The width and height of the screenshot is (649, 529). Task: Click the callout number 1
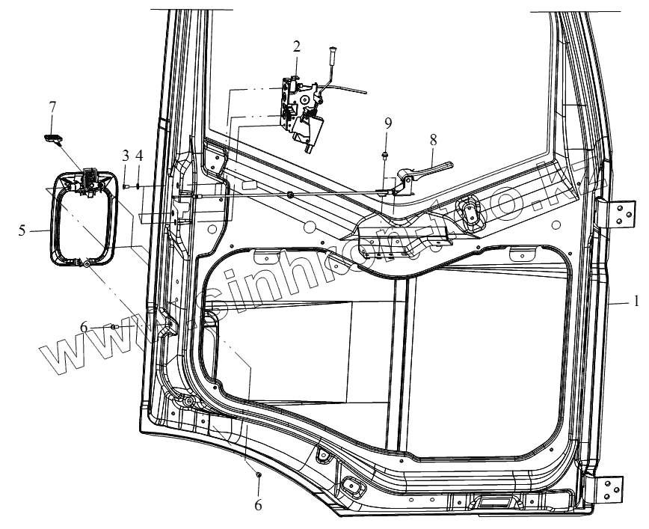click(x=635, y=302)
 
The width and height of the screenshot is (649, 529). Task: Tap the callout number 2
click(x=297, y=46)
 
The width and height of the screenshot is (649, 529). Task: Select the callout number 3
click(x=126, y=156)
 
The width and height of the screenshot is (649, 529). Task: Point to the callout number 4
click(x=138, y=156)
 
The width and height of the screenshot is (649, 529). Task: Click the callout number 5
click(x=22, y=230)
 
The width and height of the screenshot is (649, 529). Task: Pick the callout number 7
click(x=52, y=108)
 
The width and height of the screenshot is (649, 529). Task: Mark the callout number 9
click(x=387, y=122)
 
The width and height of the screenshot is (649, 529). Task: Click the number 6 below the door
click(x=259, y=505)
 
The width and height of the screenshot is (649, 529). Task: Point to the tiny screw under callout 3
click(x=126, y=186)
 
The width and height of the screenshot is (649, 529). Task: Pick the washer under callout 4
click(x=139, y=186)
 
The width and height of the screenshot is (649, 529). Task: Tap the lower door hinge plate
click(x=612, y=490)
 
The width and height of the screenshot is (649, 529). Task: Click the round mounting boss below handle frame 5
click(x=87, y=263)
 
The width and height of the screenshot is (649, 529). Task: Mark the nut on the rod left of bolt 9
click(x=290, y=195)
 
